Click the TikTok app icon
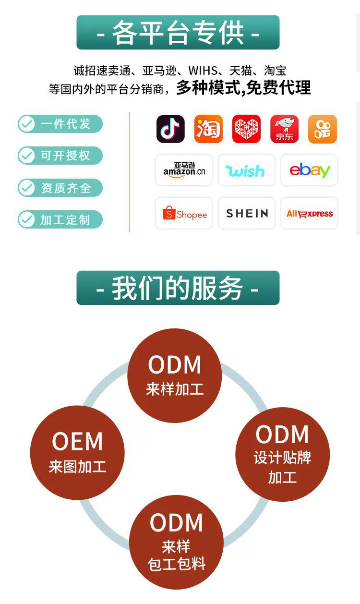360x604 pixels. point(170,129)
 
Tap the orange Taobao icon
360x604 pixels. point(208,129)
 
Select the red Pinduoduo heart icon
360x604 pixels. point(246,129)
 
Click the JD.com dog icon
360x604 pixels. point(285,129)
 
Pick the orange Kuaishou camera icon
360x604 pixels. point(323,129)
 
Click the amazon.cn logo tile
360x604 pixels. point(184,170)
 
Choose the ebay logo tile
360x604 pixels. point(309,170)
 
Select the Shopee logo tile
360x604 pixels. point(184,213)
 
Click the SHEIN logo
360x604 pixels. point(246,213)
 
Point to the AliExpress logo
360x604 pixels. point(309,213)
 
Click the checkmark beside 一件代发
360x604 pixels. point(26,124)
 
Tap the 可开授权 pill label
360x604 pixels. point(60,156)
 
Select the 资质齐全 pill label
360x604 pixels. point(60,188)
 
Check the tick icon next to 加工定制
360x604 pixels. point(26,219)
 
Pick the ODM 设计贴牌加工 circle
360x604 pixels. point(282,454)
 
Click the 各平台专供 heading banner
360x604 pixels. point(178,32)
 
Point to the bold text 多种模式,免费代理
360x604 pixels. point(243,88)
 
